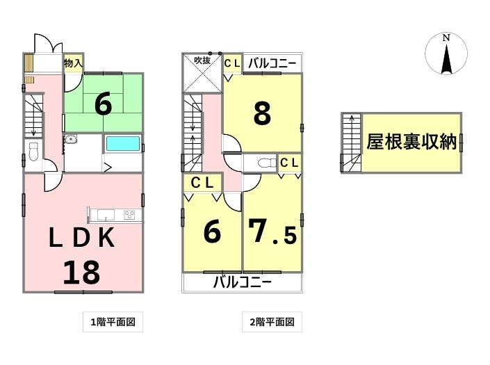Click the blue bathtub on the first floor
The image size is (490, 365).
point(123,144)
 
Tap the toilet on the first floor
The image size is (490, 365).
point(33,152)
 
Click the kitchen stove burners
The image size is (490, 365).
point(129,215)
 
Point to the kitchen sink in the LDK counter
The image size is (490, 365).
point(106,215)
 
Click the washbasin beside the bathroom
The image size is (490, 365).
point(71,138)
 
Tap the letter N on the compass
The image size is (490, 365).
point(446,38)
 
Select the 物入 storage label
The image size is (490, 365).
point(73,63)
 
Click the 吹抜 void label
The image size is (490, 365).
point(202,60)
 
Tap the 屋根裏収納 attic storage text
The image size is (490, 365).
point(411,143)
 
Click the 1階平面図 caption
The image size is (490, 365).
point(113,322)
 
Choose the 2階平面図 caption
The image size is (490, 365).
point(272,322)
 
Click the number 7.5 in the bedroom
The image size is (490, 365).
point(272,232)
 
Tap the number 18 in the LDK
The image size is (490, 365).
point(81,273)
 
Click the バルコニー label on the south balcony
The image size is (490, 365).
point(242,282)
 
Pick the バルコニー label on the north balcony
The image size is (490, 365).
point(272,64)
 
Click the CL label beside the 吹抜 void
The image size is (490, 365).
point(233,64)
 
